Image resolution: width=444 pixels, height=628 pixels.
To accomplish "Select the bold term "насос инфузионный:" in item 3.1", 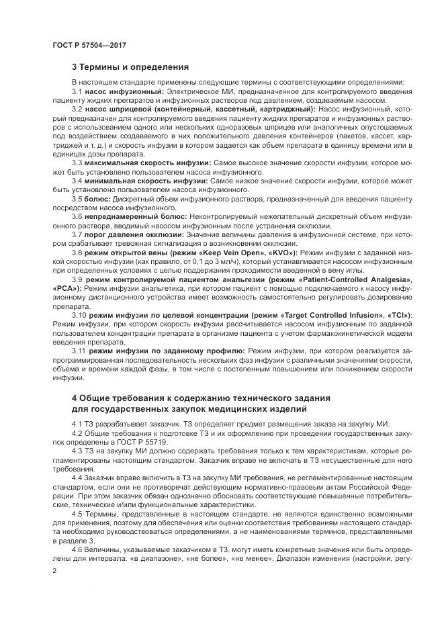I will pyautogui.click(x=124, y=91).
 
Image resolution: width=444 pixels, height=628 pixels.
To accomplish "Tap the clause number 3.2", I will pyautogui.click(x=77, y=109).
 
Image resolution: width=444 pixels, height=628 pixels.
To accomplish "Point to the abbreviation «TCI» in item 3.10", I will pyautogui.click(x=400, y=314).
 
